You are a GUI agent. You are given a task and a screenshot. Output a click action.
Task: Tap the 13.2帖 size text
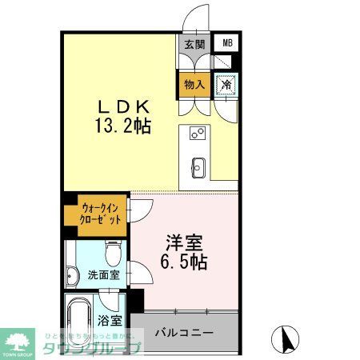click(x=124, y=126)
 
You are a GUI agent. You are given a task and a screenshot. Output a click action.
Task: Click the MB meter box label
click(x=227, y=43)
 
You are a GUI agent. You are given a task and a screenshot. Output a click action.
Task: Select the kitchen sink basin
click(x=198, y=167)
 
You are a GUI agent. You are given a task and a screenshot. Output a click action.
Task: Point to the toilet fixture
click(x=111, y=253)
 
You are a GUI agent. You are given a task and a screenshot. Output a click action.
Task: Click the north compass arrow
click(x=284, y=339)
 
